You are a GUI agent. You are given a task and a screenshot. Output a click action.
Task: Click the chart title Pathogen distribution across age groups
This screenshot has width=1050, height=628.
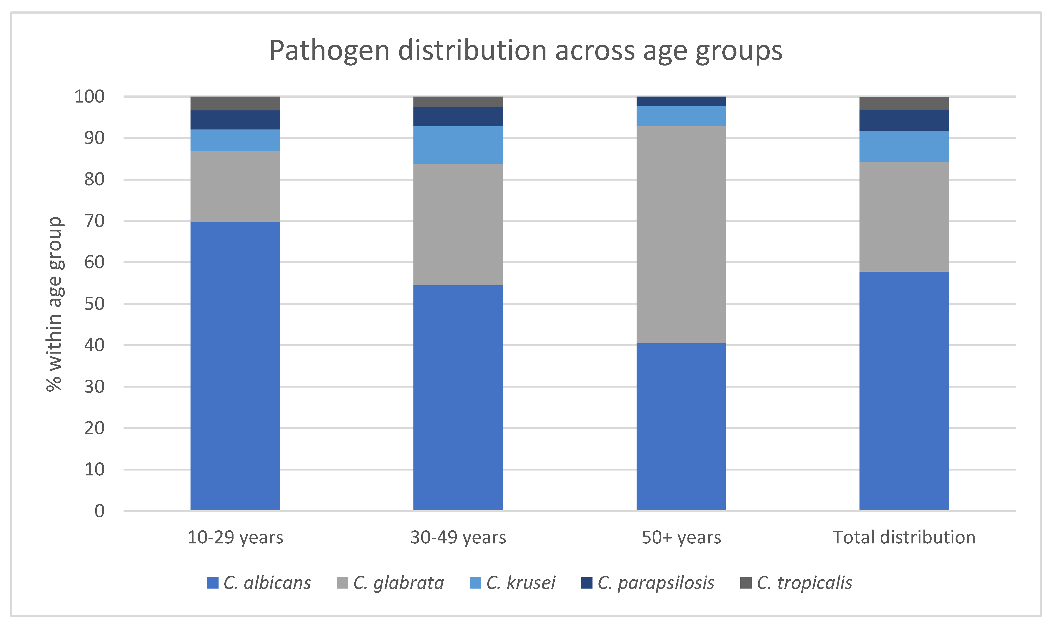click(526, 51)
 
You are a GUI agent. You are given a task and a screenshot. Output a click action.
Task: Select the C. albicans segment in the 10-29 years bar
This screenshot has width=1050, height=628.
click(235, 366)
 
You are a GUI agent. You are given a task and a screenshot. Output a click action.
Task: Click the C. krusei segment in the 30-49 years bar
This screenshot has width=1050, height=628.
click(458, 145)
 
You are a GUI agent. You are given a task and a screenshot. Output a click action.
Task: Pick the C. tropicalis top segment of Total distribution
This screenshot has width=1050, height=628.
click(904, 103)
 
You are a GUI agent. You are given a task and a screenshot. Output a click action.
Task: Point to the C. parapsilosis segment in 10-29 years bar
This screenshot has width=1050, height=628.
click(235, 120)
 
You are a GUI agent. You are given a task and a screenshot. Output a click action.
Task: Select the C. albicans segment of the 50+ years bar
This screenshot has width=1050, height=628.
click(681, 426)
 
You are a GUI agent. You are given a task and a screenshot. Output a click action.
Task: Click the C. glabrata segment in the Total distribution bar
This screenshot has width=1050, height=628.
click(904, 217)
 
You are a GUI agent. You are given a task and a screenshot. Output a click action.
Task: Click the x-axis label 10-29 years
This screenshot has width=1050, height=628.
click(235, 537)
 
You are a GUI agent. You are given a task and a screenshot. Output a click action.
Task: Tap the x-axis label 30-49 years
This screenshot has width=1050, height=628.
click(458, 537)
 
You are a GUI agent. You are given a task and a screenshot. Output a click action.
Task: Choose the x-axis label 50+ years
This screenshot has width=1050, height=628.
click(681, 537)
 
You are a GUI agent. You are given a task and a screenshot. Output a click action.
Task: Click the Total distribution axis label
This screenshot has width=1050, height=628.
click(904, 537)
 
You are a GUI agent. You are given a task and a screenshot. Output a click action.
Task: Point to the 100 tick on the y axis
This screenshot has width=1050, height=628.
click(89, 97)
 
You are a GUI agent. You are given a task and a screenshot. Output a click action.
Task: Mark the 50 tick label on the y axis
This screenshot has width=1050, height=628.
click(94, 304)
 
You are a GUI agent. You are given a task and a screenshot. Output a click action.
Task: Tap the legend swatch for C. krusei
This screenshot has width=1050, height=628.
click(475, 583)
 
